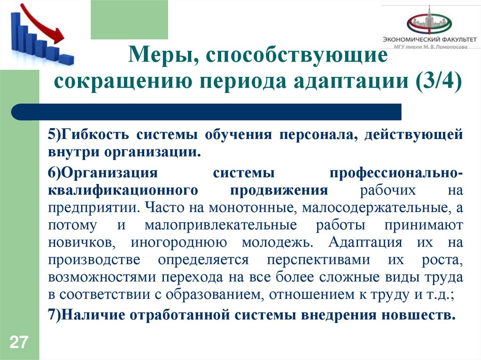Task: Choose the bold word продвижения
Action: tap(279, 191)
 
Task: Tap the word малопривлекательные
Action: tap(221, 225)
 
